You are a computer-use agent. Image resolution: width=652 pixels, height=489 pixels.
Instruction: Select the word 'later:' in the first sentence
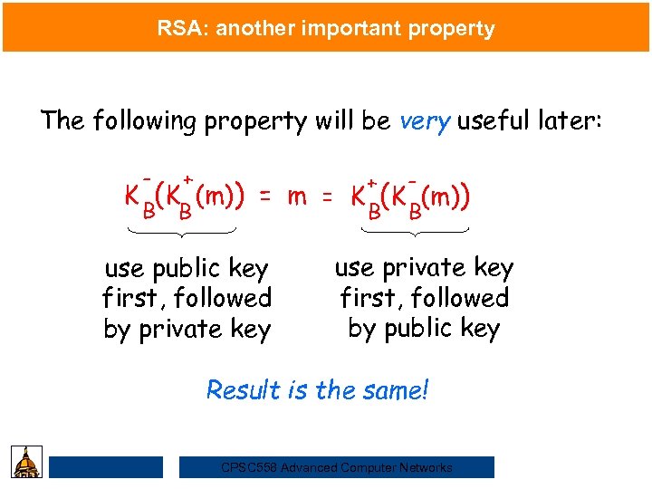click(x=572, y=121)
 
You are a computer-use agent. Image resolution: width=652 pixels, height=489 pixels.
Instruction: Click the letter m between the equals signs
click(x=295, y=196)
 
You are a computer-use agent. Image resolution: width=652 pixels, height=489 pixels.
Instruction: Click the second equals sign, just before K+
click(x=329, y=197)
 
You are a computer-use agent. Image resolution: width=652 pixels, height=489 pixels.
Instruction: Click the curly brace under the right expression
click(x=415, y=234)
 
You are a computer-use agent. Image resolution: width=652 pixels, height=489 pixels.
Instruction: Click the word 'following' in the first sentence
click(x=141, y=121)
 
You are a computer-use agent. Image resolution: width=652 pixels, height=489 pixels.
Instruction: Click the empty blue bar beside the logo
click(x=106, y=467)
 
